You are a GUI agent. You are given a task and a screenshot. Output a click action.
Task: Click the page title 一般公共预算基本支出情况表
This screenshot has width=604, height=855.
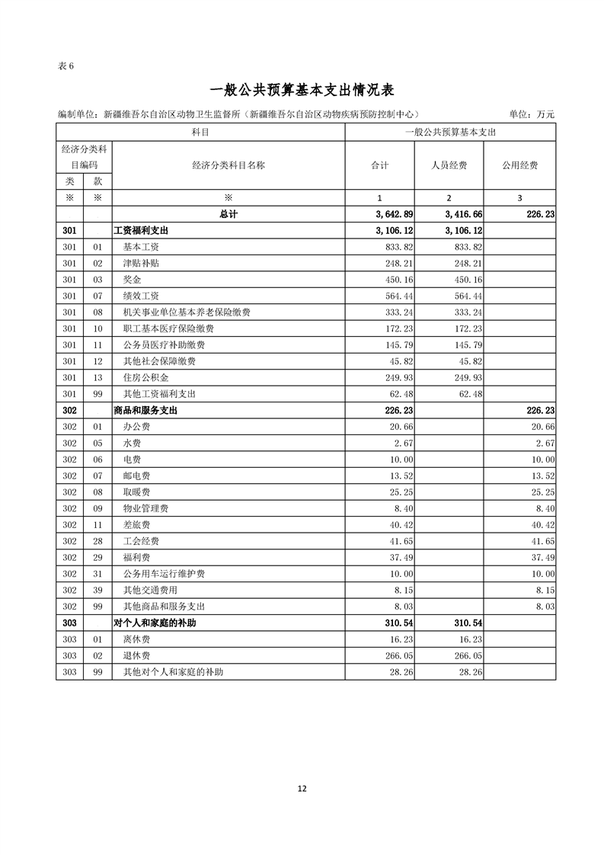click(x=301, y=90)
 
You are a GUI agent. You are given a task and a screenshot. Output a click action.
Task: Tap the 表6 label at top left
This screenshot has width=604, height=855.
click(x=66, y=66)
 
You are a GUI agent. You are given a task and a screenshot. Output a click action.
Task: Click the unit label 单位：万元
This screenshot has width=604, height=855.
click(x=531, y=114)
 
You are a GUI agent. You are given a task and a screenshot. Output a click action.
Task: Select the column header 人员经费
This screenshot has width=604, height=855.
click(x=450, y=165)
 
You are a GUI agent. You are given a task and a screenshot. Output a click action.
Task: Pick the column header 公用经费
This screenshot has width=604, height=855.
click(x=519, y=165)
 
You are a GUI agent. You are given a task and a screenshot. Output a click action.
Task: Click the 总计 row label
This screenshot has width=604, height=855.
click(x=228, y=214)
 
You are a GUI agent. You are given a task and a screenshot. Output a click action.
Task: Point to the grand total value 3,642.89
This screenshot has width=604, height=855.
click(x=395, y=214)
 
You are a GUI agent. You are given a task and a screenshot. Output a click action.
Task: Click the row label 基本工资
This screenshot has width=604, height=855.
click(x=141, y=247)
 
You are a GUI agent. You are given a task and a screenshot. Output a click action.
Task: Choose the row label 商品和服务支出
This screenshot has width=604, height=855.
click(x=146, y=410)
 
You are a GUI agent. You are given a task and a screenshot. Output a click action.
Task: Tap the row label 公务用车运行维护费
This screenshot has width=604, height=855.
click(x=163, y=574)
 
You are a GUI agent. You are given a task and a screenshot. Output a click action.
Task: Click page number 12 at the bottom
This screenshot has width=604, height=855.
click(x=302, y=789)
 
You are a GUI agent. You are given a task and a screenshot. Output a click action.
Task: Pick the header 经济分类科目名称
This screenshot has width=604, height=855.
click(x=228, y=165)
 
